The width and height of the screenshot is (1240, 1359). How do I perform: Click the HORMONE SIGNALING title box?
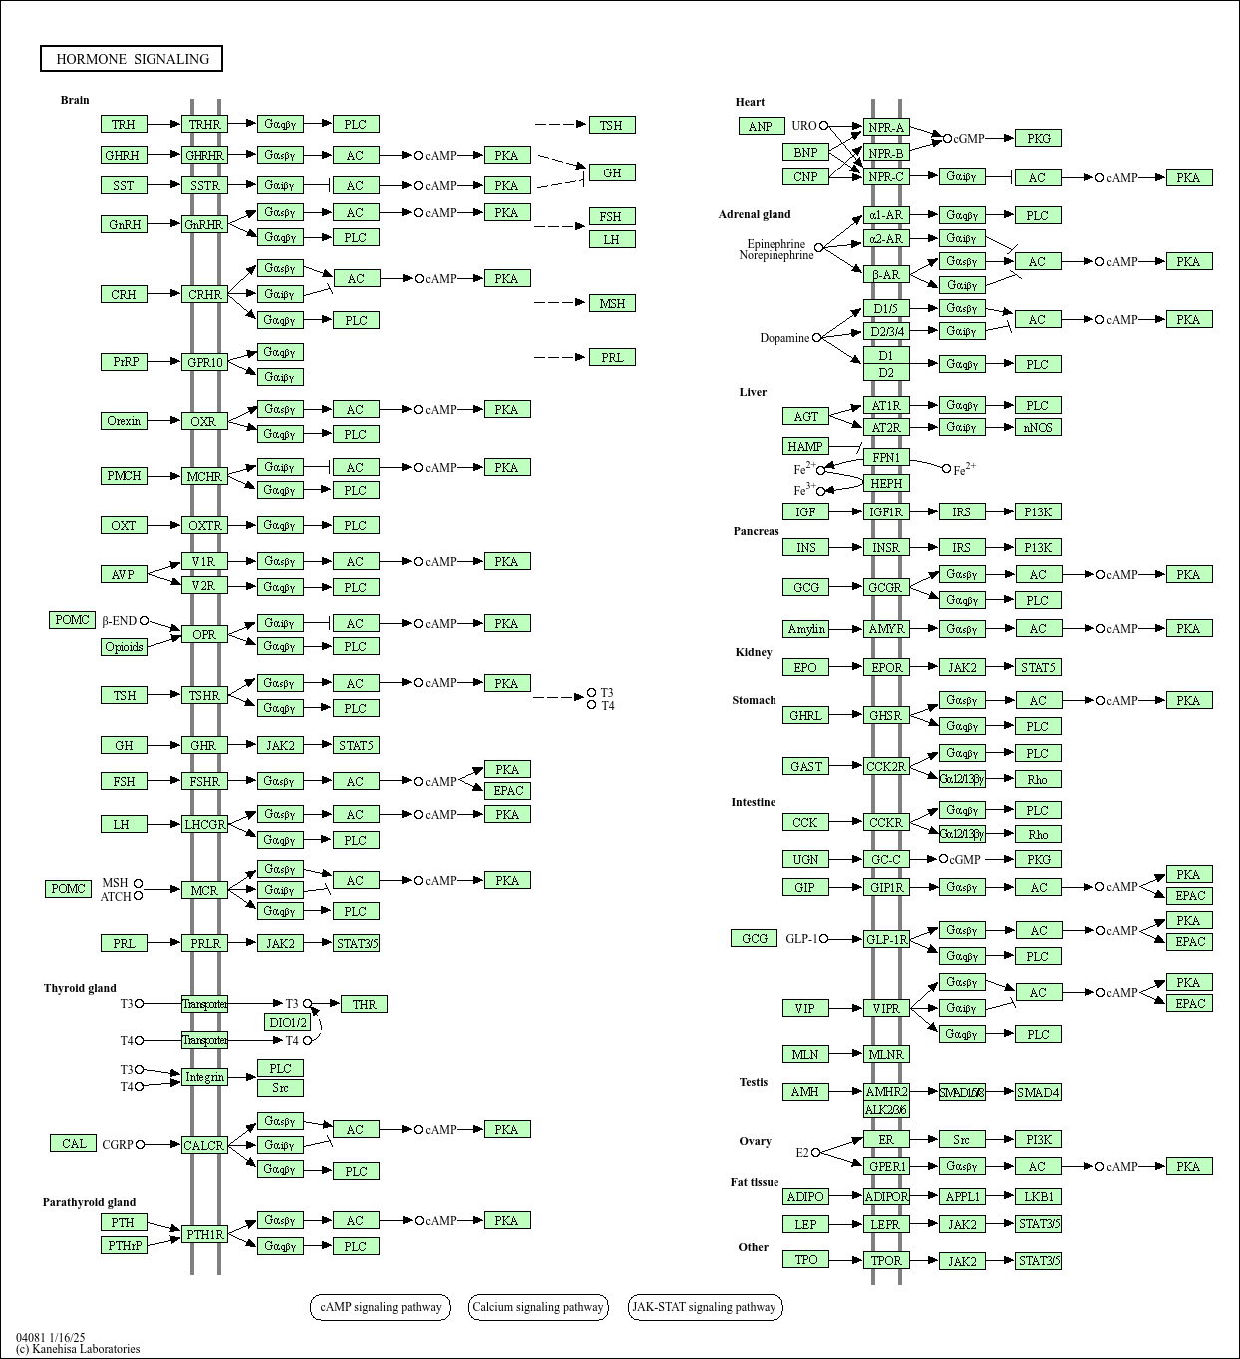click(x=132, y=59)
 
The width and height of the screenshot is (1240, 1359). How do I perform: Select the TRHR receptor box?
click(x=204, y=124)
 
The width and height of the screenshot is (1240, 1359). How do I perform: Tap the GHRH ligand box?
click(x=124, y=155)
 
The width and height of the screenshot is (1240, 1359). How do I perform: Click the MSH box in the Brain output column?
click(x=612, y=303)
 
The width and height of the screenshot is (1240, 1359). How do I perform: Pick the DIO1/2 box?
click(x=288, y=1022)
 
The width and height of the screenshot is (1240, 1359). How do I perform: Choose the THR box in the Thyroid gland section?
click(x=364, y=1004)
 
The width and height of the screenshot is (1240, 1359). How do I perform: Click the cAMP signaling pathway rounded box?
click(x=380, y=1307)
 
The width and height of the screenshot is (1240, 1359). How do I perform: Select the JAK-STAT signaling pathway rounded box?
click(x=705, y=1307)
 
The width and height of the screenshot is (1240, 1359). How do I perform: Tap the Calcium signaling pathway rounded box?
click(x=538, y=1307)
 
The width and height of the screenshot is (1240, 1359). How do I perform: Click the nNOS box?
click(x=1038, y=427)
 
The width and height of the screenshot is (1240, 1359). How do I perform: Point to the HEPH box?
click(x=886, y=483)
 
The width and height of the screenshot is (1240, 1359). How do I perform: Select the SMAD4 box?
click(x=1038, y=1092)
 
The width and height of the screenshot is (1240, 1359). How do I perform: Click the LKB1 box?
click(x=1038, y=1196)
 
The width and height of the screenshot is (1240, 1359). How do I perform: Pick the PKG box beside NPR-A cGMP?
click(x=1038, y=138)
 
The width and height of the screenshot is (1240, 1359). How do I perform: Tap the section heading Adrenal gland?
click(x=755, y=214)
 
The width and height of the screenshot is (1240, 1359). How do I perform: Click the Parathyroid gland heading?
click(x=89, y=1202)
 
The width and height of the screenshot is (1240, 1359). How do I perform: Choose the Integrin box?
click(x=204, y=1077)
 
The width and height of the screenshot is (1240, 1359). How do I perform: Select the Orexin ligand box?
click(x=124, y=421)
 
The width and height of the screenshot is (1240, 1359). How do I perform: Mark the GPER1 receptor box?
click(x=886, y=1166)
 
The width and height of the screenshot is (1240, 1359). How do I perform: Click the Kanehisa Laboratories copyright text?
click(x=78, y=1349)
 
